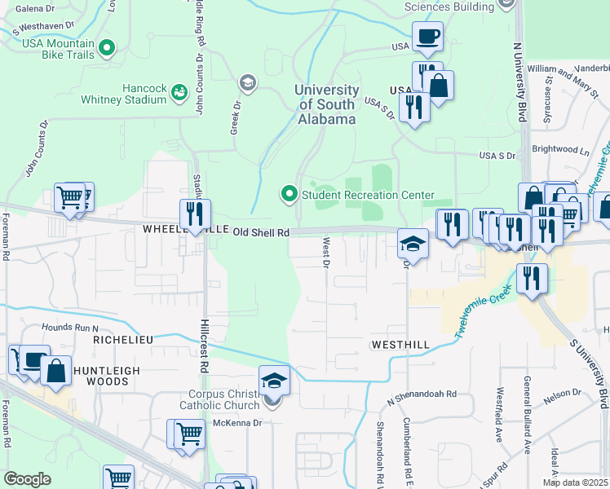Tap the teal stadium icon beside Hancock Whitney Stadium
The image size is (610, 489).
pyautogui.click(x=178, y=95)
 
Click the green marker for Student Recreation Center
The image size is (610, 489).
pyautogui.click(x=289, y=194)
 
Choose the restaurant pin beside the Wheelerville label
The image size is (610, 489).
pyautogui.click(x=195, y=214)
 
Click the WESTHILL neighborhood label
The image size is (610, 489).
pyautogui.click(x=400, y=345)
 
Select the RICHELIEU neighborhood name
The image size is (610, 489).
pyautogui.click(x=123, y=339)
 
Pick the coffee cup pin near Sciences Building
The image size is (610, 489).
pyautogui.click(x=428, y=37)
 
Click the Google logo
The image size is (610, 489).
pyautogui.click(x=27, y=479)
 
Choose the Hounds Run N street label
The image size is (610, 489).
pyautogui.click(x=70, y=327)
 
